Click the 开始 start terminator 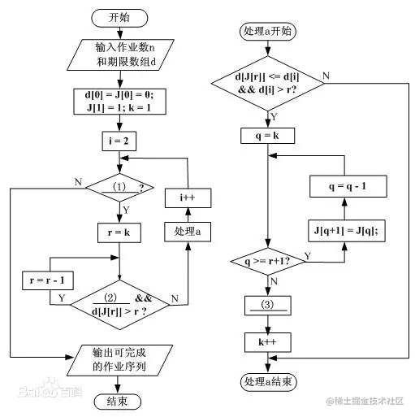(x=119, y=18)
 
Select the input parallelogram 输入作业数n (x=120, y=54)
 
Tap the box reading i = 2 (x=119, y=141)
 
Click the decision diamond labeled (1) (x=119, y=188)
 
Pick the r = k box (x=119, y=232)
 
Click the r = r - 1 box (x=48, y=280)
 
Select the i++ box (x=188, y=198)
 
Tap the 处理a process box (x=188, y=232)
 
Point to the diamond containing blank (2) (x=119, y=305)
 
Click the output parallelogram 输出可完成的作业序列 (x=119, y=360)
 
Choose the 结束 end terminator (x=118, y=402)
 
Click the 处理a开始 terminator (x=268, y=32)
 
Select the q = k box (x=268, y=136)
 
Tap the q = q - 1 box (x=348, y=186)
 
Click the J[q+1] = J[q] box (x=347, y=231)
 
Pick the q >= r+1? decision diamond (x=268, y=262)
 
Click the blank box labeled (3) (x=268, y=306)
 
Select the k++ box (x=268, y=342)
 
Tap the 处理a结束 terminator (x=269, y=382)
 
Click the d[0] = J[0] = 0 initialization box (x=119, y=102)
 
